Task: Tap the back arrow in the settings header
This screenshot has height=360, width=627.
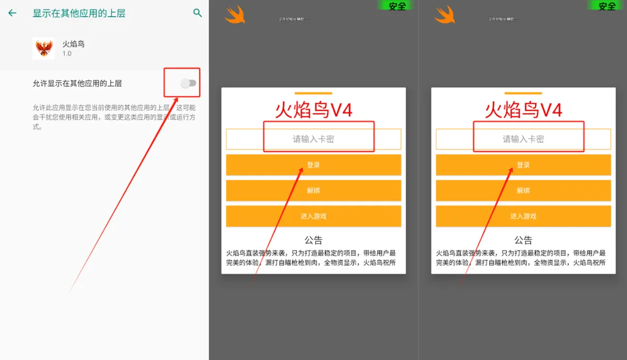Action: tap(12, 13)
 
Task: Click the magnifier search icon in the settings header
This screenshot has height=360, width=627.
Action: tap(197, 13)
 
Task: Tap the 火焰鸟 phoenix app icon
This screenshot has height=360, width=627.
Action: tap(44, 48)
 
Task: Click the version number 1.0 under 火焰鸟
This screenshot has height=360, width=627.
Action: tap(67, 54)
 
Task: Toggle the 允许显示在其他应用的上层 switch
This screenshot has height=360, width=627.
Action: tap(189, 83)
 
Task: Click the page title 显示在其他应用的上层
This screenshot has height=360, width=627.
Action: tap(79, 13)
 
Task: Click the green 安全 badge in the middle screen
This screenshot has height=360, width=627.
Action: tap(396, 6)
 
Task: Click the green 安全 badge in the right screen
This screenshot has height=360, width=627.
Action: tap(606, 6)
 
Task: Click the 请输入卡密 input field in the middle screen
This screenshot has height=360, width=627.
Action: tap(313, 139)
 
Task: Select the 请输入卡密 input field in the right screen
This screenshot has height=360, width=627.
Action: tap(523, 139)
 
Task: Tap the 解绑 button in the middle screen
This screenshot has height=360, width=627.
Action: tap(313, 191)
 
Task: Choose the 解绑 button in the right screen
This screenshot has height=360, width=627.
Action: tap(523, 191)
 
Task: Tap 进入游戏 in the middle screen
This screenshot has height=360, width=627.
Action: tap(313, 217)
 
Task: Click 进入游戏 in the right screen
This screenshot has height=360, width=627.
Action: tap(523, 217)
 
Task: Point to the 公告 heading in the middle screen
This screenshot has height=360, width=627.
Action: tap(313, 240)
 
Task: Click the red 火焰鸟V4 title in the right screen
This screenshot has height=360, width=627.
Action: tap(523, 110)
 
